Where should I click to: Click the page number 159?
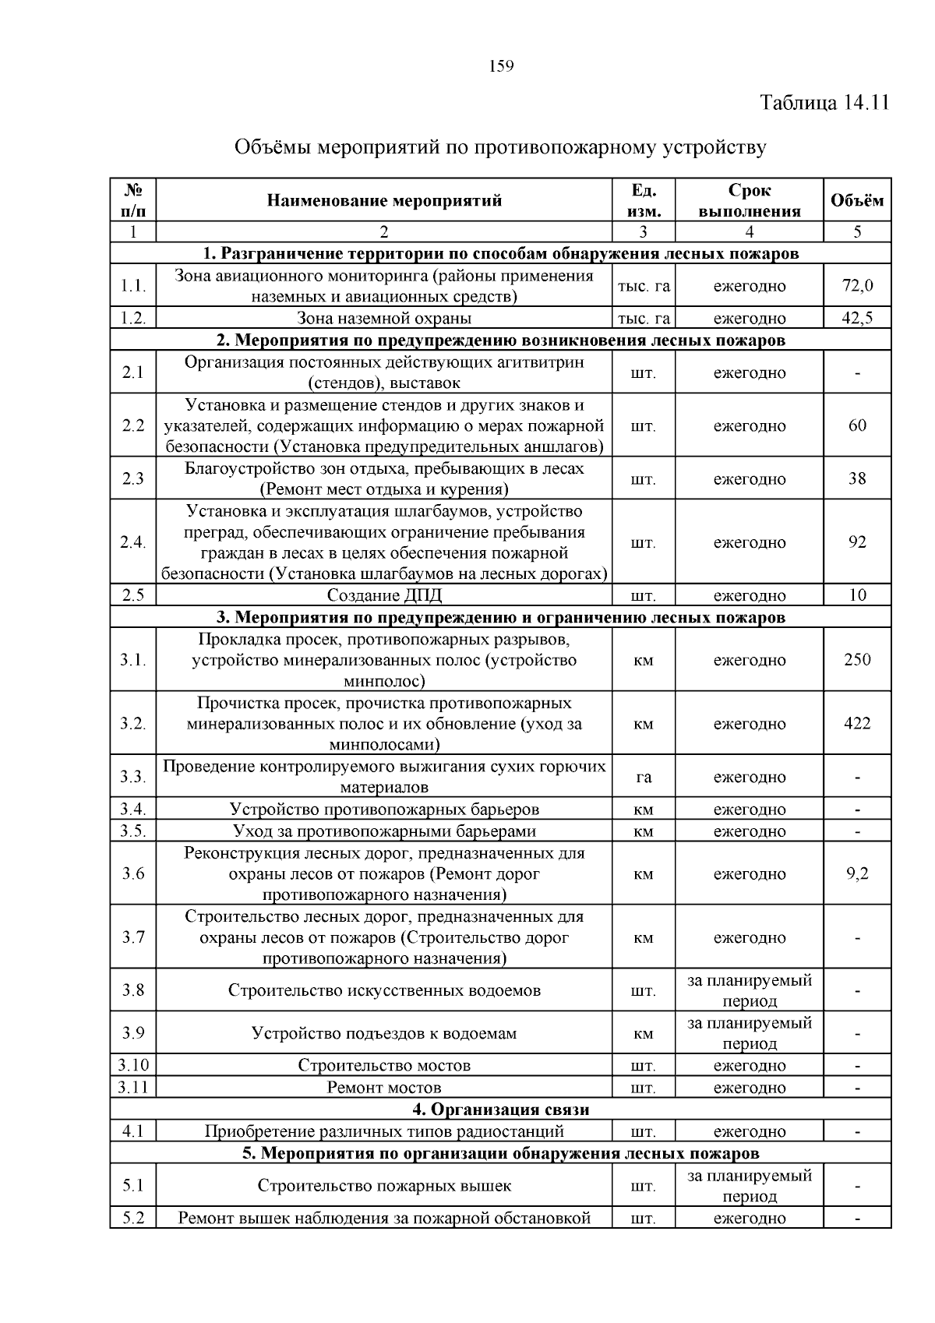click(x=502, y=66)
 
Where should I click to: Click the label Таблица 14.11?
click(x=824, y=103)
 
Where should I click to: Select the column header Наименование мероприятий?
click(x=384, y=201)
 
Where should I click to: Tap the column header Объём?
click(x=856, y=201)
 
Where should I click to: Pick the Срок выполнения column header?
click(x=749, y=201)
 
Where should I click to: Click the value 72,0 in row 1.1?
click(x=857, y=286)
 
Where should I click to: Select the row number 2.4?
click(x=133, y=542)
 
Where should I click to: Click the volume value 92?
click(x=857, y=542)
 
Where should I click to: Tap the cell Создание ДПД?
click(x=384, y=596)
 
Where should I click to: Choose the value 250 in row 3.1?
click(x=857, y=660)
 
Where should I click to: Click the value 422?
click(x=857, y=724)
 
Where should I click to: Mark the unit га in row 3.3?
click(x=644, y=777)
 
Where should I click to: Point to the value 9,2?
click(x=857, y=873)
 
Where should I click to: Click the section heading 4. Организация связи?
click(x=500, y=1110)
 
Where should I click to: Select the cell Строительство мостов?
click(x=384, y=1065)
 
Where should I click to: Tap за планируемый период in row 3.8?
click(x=749, y=990)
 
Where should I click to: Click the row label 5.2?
click(x=133, y=1218)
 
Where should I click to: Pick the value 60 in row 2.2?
click(x=857, y=425)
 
